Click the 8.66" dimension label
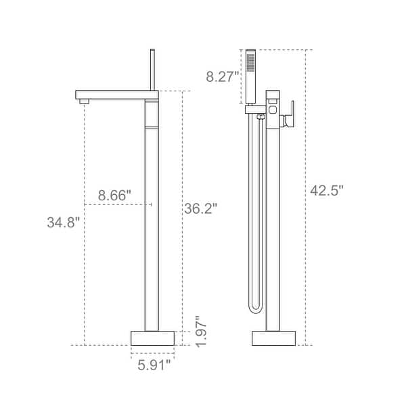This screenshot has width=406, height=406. click(x=114, y=195)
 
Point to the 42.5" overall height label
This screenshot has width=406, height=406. click(x=328, y=191)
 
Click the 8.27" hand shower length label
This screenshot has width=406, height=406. click(x=223, y=77)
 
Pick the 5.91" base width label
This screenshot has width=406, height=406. click(x=152, y=366)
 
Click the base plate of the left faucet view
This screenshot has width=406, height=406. click(x=152, y=338)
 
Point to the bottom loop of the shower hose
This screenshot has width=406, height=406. click(x=255, y=308)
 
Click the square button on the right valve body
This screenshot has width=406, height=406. click(x=274, y=108)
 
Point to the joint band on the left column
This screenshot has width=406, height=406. click(x=152, y=127)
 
